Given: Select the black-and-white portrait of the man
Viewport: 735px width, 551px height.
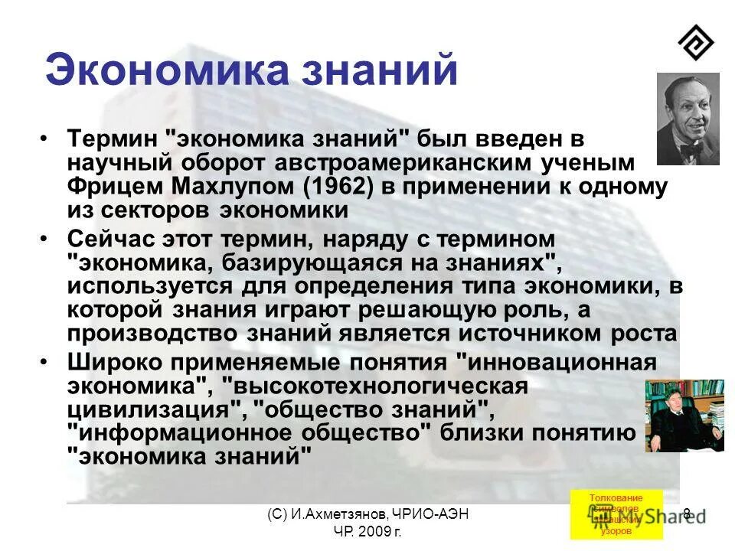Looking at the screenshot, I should point(688,119).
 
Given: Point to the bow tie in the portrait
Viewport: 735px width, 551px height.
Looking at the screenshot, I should point(692,149).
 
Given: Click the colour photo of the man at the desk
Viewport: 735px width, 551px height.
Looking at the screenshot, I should point(684,415).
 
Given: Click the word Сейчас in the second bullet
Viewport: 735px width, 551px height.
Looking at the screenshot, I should point(111,239).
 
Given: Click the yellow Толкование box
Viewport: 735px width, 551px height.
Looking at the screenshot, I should point(616,514).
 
